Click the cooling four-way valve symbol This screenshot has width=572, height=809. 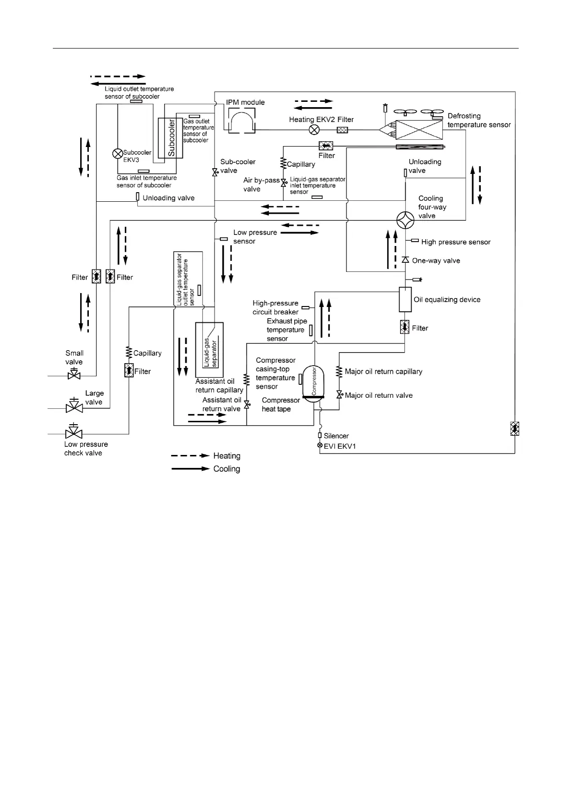(405, 220)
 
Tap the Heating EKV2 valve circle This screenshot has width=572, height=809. (314, 130)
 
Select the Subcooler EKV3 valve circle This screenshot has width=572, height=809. (117, 153)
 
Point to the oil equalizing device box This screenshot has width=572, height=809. (405, 299)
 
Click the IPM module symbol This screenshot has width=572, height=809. (242, 121)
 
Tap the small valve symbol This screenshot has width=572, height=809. (74, 374)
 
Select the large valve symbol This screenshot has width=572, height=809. (74, 406)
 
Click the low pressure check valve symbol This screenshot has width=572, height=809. (73, 432)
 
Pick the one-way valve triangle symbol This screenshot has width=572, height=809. (405, 260)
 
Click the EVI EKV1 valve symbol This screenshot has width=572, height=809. (320, 446)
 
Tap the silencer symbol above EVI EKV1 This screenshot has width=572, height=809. (320, 435)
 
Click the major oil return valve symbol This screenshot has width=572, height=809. (339, 395)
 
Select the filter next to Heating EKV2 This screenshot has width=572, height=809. (342, 130)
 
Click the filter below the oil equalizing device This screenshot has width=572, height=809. (404, 328)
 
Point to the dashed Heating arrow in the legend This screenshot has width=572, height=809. (190, 456)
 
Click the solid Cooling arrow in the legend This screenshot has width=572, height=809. (190, 468)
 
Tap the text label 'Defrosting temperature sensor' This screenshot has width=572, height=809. (479, 120)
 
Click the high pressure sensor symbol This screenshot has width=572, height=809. (415, 240)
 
